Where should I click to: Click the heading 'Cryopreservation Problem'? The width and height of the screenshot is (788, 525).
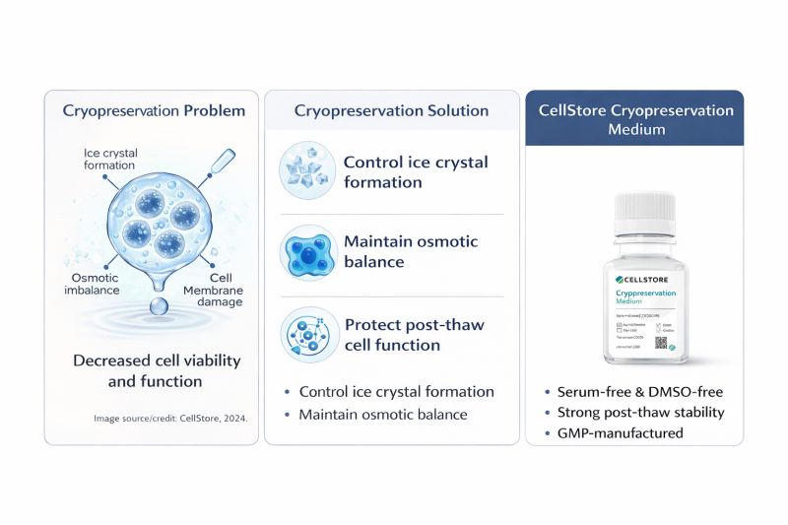[x=154, y=111]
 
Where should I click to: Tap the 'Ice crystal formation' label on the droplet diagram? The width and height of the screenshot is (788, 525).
[x=110, y=160]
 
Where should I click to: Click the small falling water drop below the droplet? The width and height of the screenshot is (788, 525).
[x=158, y=308]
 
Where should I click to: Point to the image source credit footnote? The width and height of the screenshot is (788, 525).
[x=170, y=419]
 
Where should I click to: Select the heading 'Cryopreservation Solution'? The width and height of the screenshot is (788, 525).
[x=391, y=111]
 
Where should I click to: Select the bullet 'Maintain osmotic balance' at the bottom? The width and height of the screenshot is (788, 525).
[x=382, y=415]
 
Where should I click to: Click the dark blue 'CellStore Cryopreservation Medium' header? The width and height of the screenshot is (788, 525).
[x=635, y=119]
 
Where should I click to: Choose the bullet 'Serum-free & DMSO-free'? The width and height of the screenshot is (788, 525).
[x=637, y=392]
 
